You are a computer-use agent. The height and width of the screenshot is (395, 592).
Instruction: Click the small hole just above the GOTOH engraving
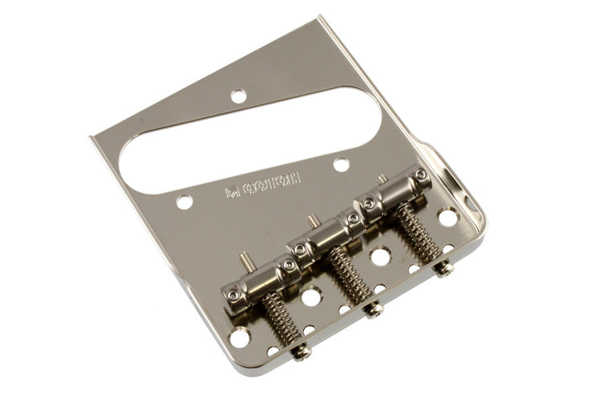340,164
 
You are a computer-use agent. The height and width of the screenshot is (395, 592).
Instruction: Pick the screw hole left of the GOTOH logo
185,201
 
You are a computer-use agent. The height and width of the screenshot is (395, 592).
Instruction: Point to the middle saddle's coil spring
348,276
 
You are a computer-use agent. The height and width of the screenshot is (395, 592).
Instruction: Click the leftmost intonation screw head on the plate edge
302,353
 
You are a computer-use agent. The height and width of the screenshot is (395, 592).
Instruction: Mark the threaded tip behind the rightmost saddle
382,178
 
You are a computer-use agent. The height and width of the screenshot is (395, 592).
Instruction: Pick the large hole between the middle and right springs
380,255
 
